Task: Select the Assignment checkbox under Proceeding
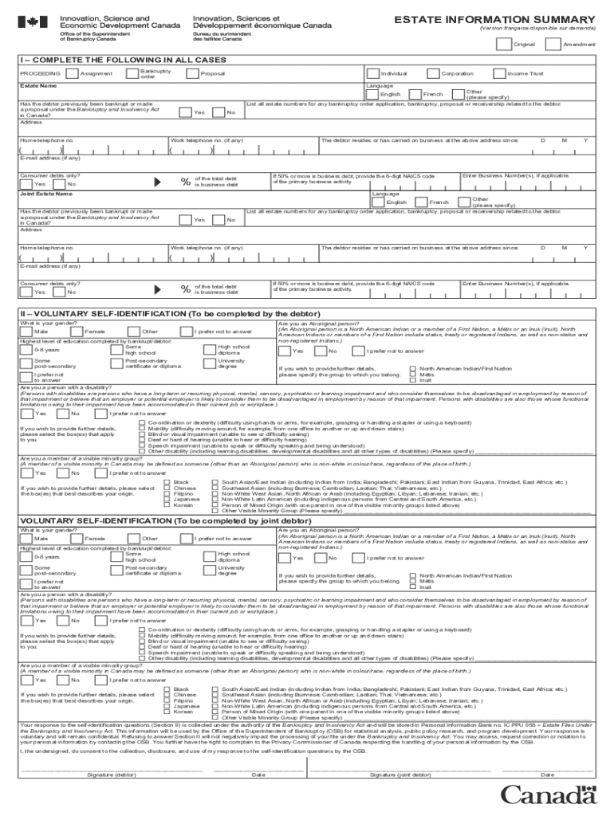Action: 73,74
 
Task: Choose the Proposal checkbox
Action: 191,74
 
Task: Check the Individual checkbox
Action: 373,74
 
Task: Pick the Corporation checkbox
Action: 434,74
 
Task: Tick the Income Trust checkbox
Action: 499,74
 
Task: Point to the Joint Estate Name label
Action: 40,194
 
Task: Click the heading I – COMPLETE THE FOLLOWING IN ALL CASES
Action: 116,61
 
